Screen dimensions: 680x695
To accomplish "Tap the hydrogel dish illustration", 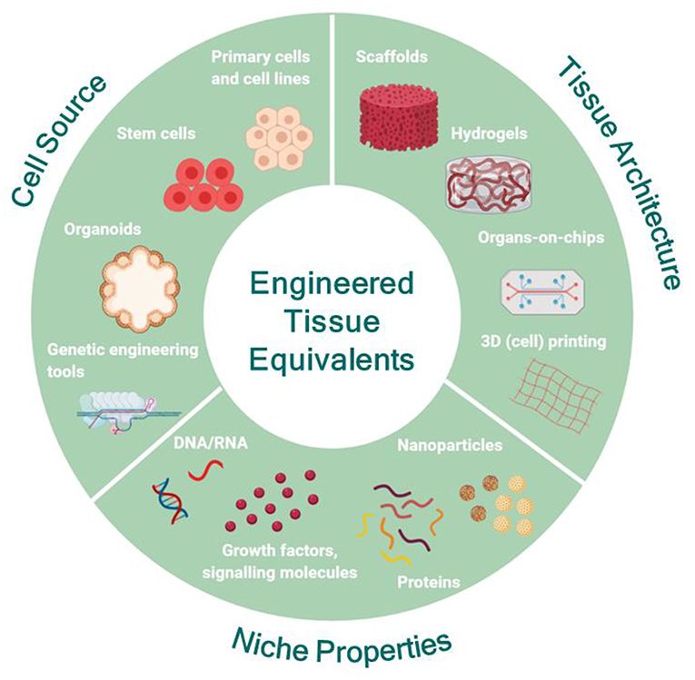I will [x=487, y=182].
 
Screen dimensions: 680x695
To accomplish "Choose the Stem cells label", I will [x=155, y=134].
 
